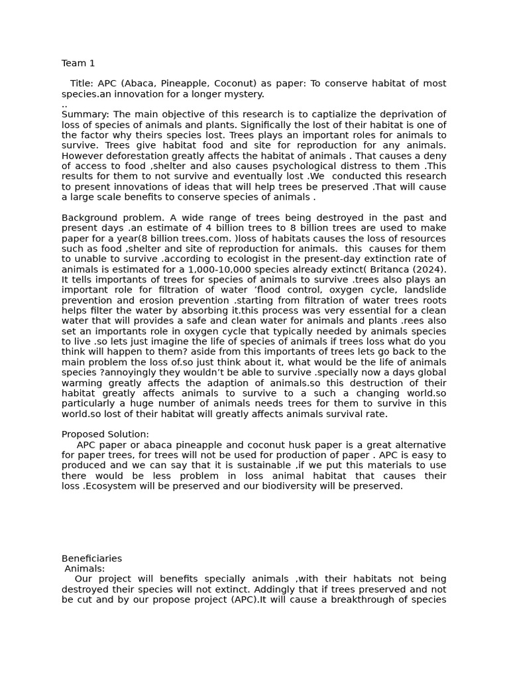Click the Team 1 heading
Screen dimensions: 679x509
point(78,63)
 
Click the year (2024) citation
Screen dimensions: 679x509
point(431,269)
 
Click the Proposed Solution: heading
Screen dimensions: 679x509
point(105,434)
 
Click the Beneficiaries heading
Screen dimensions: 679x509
point(91,558)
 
